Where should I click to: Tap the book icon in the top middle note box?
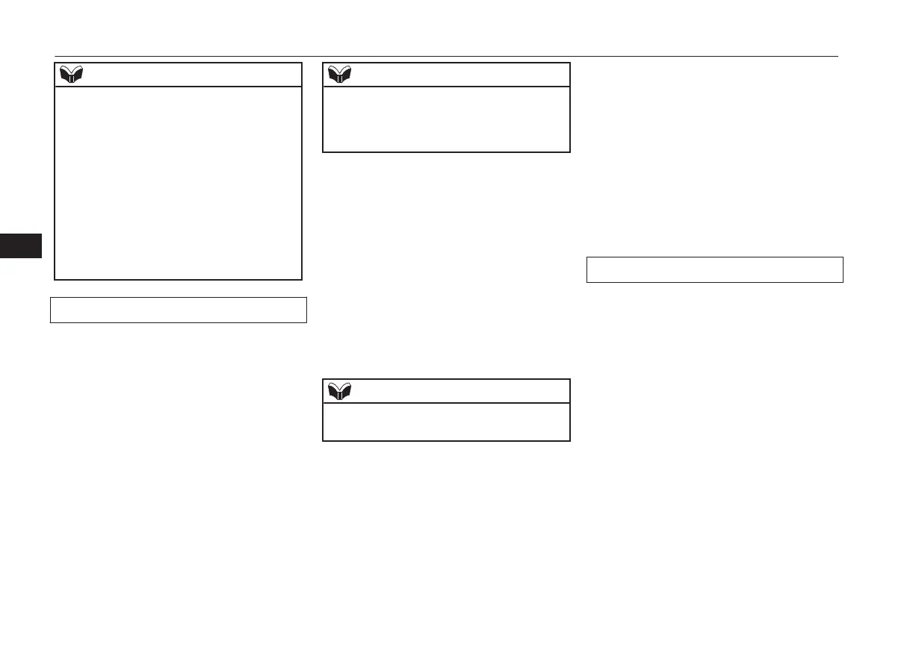(x=340, y=75)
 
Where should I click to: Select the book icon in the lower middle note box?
(x=340, y=390)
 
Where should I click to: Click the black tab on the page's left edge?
(x=21, y=246)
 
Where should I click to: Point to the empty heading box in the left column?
(x=179, y=310)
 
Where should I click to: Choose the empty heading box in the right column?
(x=715, y=269)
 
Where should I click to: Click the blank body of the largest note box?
(x=179, y=183)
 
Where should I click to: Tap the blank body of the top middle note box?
(x=446, y=119)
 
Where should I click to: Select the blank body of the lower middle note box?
(x=446, y=422)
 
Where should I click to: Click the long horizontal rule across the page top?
(x=447, y=56)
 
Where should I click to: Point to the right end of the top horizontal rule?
(x=837, y=56)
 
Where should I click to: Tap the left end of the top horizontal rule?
(x=56, y=56)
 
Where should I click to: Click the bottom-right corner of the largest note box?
(x=302, y=279)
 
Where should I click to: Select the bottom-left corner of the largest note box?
(x=55, y=279)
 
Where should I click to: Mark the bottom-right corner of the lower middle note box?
(x=569, y=440)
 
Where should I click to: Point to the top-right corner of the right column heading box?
(x=843, y=257)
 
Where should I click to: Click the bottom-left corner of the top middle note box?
(x=323, y=152)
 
